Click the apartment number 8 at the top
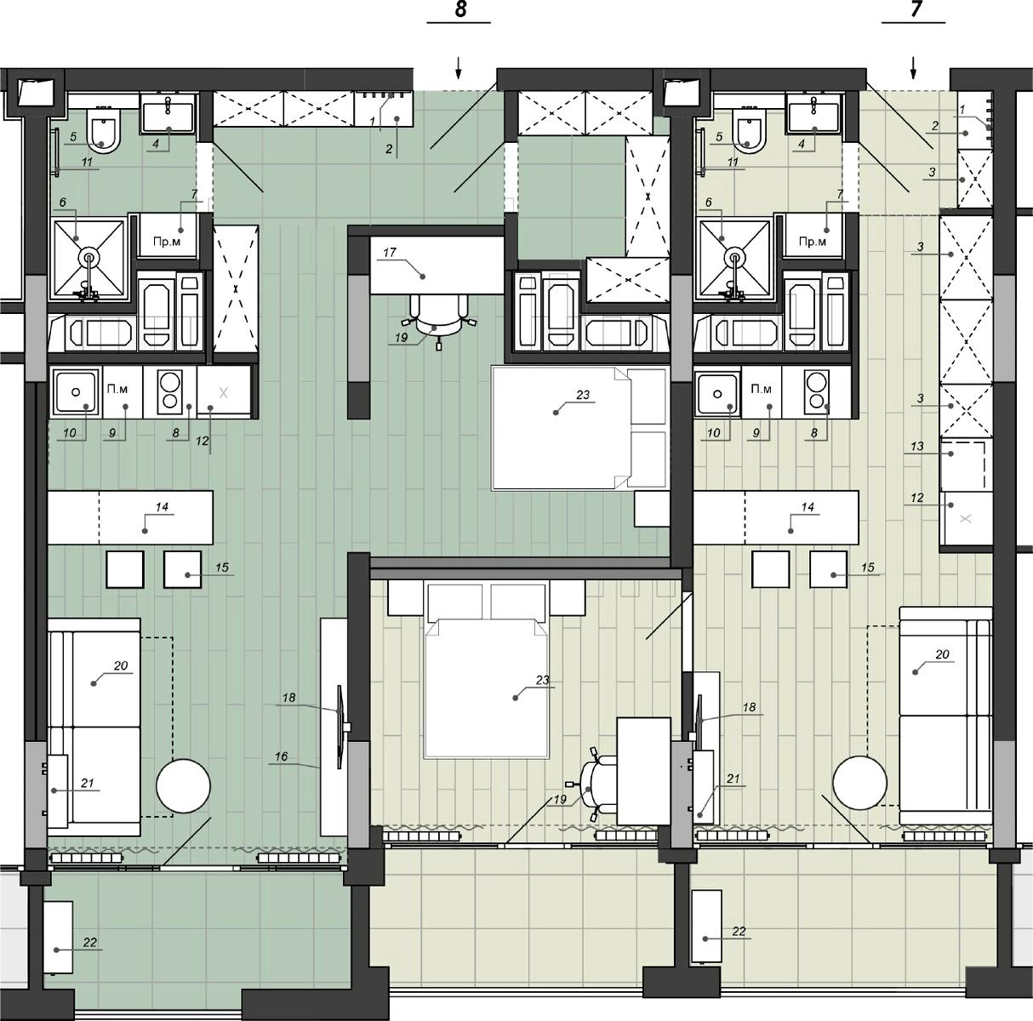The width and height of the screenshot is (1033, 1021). point(460,9)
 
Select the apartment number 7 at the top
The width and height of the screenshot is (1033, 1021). point(915,9)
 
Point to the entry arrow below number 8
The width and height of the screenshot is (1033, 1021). point(459,68)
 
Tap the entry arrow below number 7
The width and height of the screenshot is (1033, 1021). point(914,68)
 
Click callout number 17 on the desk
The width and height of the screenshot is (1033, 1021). point(389,252)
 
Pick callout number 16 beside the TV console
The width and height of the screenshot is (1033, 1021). point(281,756)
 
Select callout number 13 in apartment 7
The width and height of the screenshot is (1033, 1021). point(917,446)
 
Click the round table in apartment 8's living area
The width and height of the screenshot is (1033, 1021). point(183,785)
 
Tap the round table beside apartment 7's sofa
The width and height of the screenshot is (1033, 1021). point(859,783)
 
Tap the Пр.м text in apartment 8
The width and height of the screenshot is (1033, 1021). point(167,242)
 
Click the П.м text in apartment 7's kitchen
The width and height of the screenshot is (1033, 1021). point(761,390)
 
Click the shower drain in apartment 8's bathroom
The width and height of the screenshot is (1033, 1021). point(88,259)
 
